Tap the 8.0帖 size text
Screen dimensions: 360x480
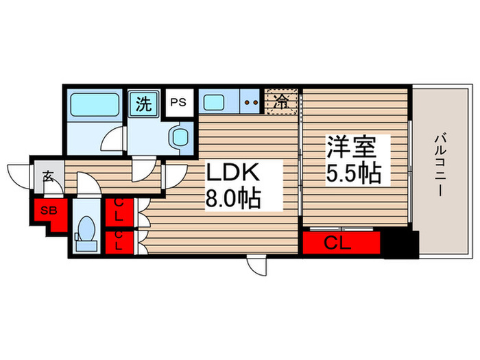[x=233, y=200]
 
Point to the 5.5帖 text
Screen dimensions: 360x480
[x=353, y=173]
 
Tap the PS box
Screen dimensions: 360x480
[x=178, y=103]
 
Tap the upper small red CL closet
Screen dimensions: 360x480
[x=119, y=210]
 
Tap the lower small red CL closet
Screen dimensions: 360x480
[x=119, y=241]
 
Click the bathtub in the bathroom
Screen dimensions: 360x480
[x=95, y=105]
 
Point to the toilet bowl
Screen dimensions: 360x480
[x=86, y=230]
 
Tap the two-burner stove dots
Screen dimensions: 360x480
[x=250, y=103]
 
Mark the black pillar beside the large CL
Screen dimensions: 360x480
[x=400, y=244]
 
